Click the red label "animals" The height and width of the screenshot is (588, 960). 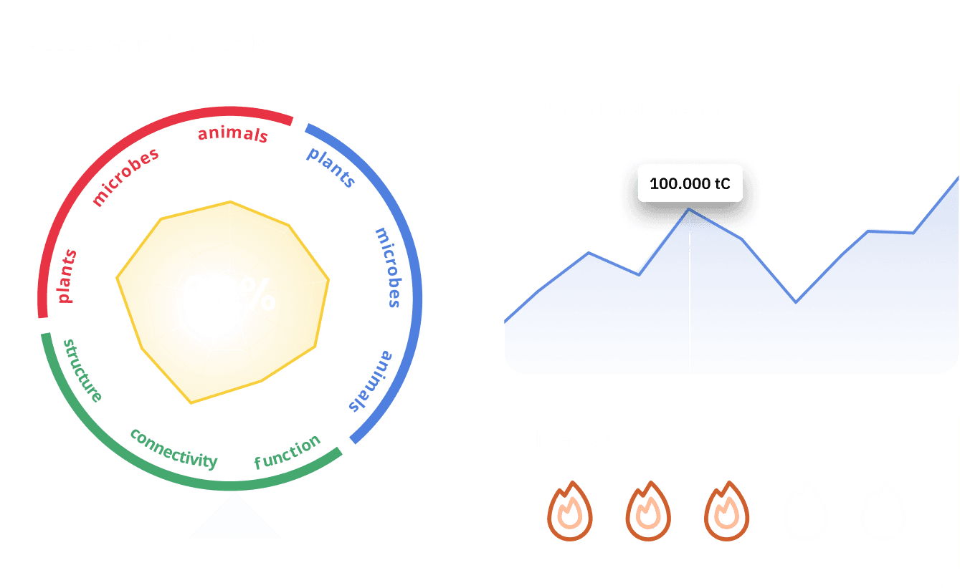click(x=233, y=134)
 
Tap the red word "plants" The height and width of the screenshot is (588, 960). click(x=67, y=276)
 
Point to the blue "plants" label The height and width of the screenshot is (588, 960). click(x=331, y=167)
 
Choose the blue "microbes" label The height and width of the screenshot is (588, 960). click(x=388, y=267)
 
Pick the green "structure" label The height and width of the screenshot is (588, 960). click(x=82, y=370)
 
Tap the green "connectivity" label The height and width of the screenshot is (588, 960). click(x=174, y=448)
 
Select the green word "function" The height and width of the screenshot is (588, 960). click(x=287, y=452)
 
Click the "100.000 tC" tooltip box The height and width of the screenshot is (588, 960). click(x=690, y=183)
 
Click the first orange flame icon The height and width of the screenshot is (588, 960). click(x=570, y=511)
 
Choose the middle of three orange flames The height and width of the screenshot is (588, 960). click(x=648, y=511)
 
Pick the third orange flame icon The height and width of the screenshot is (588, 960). click(x=726, y=511)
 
